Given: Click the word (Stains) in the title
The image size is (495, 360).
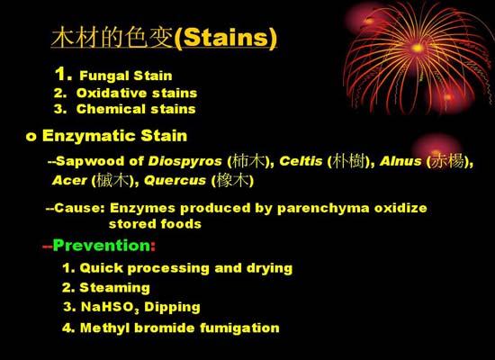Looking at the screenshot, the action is [x=225, y=38].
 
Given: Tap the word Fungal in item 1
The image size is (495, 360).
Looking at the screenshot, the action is [x=103, y=76].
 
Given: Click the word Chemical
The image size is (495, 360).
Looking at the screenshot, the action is [x=111, y=109].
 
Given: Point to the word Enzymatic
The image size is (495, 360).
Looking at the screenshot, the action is [x=89, y=137].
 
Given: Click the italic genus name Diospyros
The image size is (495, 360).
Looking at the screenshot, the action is [x=185, y=162].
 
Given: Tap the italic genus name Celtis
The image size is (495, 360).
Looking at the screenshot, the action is [x=301, y=161].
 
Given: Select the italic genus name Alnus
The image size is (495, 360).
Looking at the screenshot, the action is [x=400, y=161].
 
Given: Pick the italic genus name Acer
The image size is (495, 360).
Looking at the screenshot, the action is [x=69, y=181].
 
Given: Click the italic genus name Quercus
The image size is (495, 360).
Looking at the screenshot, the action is [x=175, y=181].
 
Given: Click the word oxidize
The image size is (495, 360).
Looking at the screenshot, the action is [x=400, y=208].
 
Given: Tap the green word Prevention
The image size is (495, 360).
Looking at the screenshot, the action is [x=102, y=246].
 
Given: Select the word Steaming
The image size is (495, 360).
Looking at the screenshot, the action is [x=114, y=288].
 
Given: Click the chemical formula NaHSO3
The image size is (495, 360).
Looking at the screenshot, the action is [x=110, y=307].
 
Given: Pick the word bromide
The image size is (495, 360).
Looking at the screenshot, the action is [x=165, y=328].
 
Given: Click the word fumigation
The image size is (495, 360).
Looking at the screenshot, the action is [x=239, y=328].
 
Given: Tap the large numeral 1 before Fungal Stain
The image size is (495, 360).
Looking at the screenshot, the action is [x=60, y=74].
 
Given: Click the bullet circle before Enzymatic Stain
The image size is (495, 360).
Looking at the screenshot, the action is [x=31, y=137].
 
